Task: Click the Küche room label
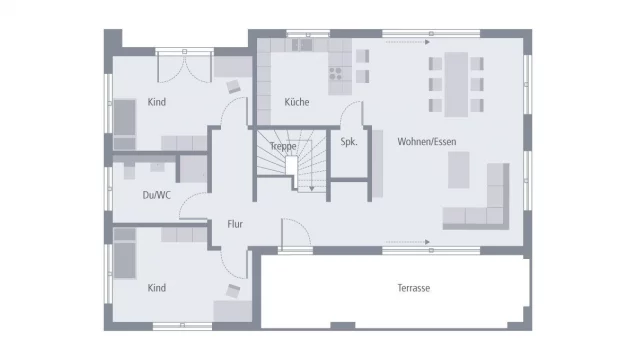click(296, 102)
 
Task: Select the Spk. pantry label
click(349, 141)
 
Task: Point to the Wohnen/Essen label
click(426, 141)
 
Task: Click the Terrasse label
click(412, 288)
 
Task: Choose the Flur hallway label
click(235, 224)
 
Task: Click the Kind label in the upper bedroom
click(157, 102)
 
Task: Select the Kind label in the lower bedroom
click(157, 288)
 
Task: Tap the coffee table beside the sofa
click(459, 175)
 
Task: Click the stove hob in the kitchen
click(337, 73)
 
